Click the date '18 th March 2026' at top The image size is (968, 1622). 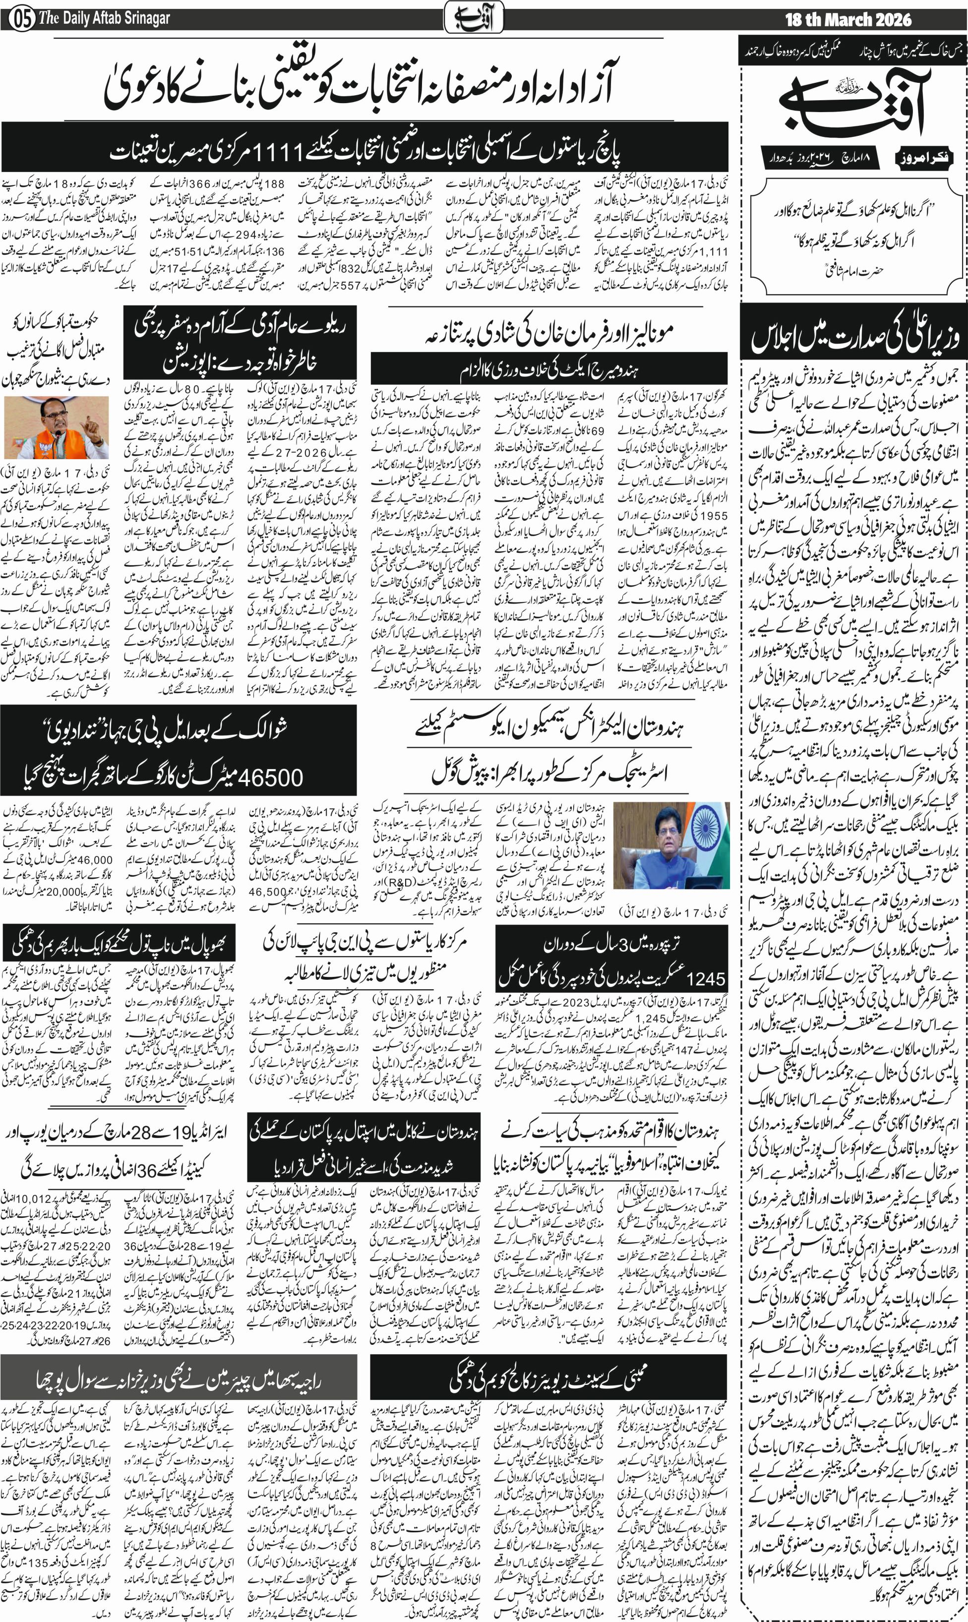pyautogui.click(x=848, y=19)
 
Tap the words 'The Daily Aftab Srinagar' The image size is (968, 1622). pyautogui.click(x=104, y=18)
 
